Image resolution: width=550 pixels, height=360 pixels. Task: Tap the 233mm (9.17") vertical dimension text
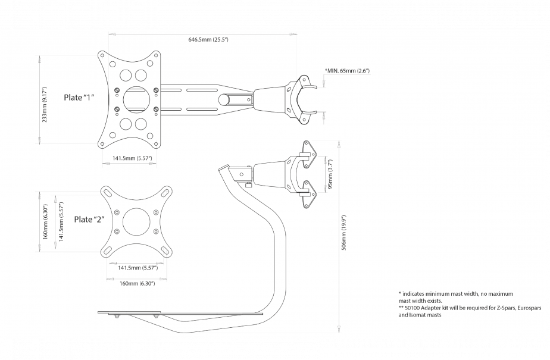tap(45, 100)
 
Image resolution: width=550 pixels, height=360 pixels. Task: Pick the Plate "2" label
tap(89, 219)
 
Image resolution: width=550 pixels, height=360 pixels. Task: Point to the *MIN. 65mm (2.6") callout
tap(348, 71)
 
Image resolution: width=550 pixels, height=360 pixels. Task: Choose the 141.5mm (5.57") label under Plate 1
tap(132, 158)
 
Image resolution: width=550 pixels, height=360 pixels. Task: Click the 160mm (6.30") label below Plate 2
tap(137, 283)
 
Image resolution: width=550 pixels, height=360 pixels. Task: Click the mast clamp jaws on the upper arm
tap(306, 98)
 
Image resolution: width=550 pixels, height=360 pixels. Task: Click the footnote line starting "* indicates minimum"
tap(455, 294)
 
